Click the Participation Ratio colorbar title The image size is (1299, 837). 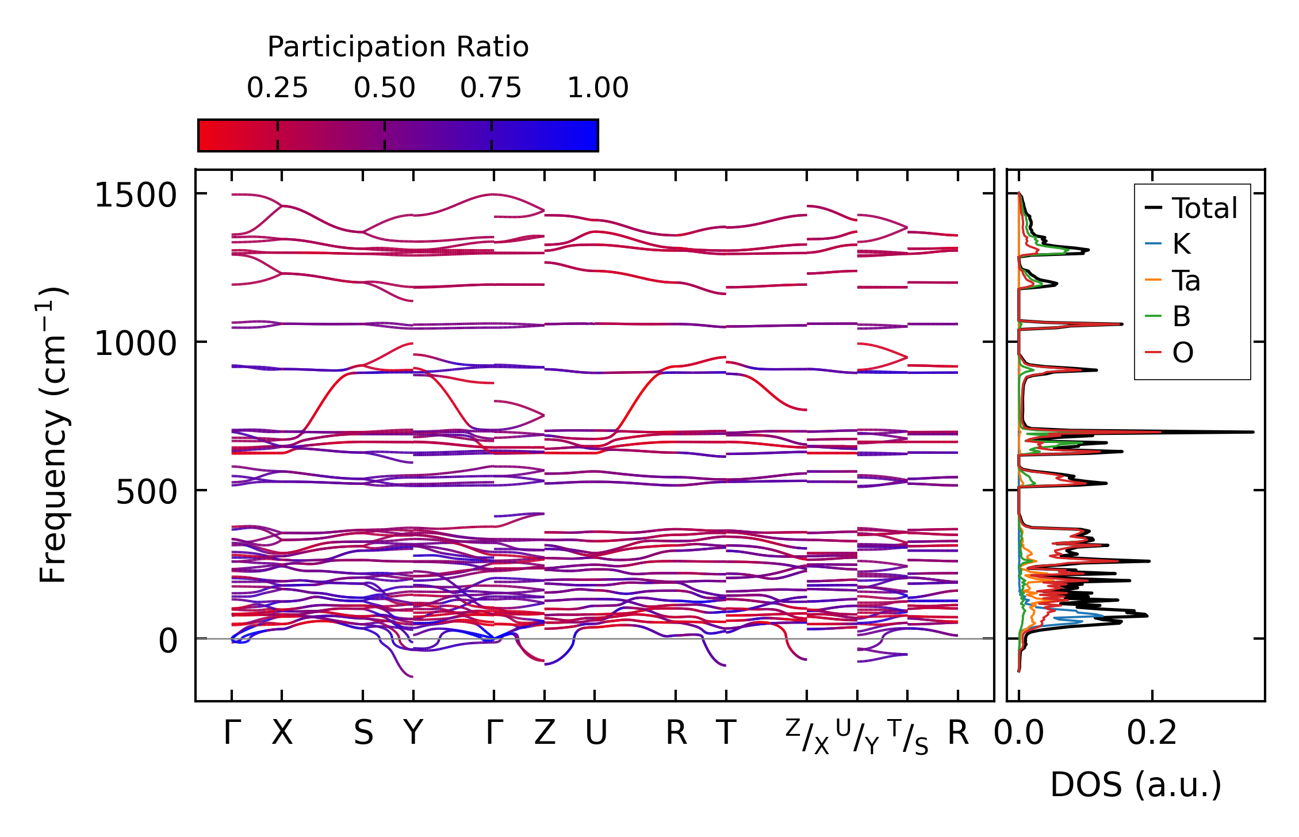click(397, 47)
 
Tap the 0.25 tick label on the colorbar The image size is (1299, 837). click(277, 88)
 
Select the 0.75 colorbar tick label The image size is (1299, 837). click(491, 88)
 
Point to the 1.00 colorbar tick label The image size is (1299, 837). click(597, 88)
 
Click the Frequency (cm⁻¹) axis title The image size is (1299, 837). click(54, 435)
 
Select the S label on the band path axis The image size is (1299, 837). click(363, 733)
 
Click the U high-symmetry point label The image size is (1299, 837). click(596, 733)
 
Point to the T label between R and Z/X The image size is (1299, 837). click(726, 733)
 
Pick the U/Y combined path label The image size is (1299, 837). click(857, 737)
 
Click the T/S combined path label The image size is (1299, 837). click(908, 737)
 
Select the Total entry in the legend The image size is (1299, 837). click(1204, 208)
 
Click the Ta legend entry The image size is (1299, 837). click(1186, 281)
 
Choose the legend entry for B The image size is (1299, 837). click(1181, 316)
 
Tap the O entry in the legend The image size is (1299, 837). click(1182, 353)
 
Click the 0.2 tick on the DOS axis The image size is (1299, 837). click(1151, 733)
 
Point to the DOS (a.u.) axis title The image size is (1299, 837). click(1136, 785)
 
